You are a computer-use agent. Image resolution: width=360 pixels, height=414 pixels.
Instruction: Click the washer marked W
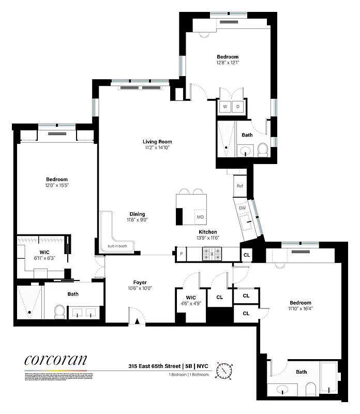pyautogui.click(x=225, y=107)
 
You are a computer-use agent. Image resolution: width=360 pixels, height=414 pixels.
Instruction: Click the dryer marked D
pyautogui.click(x=238, y=107)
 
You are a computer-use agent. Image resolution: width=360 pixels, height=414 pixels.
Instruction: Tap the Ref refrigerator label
pyautogui.click(x=240, y=186)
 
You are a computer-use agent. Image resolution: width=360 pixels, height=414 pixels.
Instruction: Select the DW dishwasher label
pyautogui.click(x=243, y=208)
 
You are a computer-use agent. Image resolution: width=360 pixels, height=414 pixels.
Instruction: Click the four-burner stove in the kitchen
pyautogui.click(x=211, y=254)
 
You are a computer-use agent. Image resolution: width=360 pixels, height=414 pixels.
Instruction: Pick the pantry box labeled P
pyautogui.click(x=181, y=254)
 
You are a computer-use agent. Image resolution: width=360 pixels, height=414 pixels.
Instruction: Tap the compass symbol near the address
pyautogui.click(x=226, y=371)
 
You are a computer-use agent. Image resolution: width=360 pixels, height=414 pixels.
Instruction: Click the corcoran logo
pyautogui.click(x=55, y=361)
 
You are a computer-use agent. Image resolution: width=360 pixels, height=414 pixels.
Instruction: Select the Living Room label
pyautogui.click(x=157, y=141)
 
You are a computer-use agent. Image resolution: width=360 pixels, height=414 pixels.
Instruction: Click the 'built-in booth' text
pyautogui.click(x=117, y=246)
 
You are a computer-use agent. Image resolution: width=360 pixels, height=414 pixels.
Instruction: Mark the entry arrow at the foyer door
pyautogui.click(x=137, y=321)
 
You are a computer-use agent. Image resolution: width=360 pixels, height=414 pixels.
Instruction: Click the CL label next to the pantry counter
pyautogui.click(x=247, y=255)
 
